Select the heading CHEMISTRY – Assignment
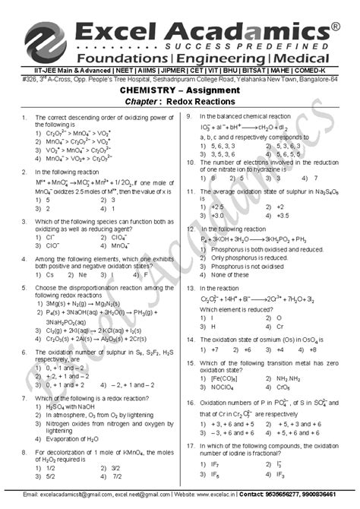(x=179, y=90)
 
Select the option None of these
(x=223, y=274)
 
